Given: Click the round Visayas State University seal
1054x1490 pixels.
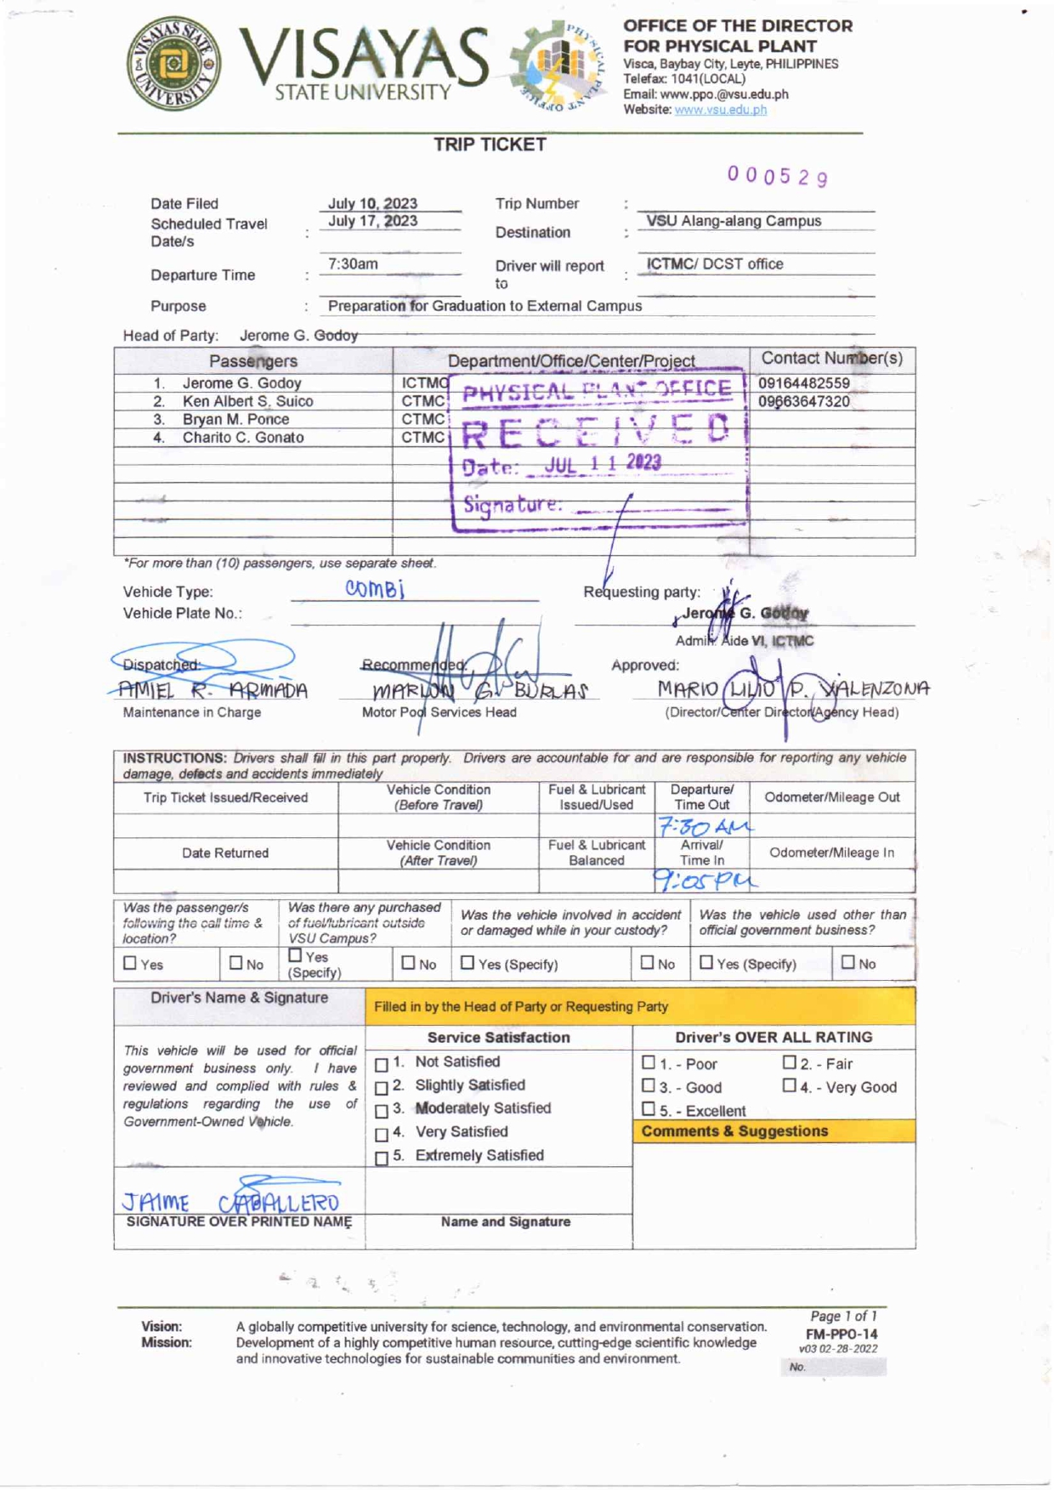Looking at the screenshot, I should [173, 64].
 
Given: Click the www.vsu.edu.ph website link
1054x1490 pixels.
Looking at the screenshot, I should [720, 110].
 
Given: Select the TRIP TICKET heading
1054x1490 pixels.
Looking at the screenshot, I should [490, 144].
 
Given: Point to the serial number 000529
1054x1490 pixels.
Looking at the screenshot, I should [777, 176].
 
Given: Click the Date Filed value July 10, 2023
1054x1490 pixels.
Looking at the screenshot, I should [372, 203].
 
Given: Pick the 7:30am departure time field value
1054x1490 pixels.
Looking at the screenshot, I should [353, 264].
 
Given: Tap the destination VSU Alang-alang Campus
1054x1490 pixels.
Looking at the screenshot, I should [734, 221].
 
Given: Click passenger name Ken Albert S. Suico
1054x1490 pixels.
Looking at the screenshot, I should [247, 401].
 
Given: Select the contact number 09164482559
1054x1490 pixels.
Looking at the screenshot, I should [803, 383].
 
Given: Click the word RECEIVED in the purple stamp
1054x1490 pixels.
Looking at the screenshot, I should [595, 431].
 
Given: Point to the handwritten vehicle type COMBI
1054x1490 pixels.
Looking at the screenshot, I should [375, 588].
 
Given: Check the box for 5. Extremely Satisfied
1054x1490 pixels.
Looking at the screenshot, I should [382, 1158].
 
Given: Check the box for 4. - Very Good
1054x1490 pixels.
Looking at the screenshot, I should [790, 1085].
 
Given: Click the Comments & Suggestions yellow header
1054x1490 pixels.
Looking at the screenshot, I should [734, 1131].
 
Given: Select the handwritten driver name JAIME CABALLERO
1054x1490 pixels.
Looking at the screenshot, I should [230, 1202].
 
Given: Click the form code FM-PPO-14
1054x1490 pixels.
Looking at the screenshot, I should [841, 1334].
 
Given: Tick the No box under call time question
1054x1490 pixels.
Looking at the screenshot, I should [236, 963].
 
